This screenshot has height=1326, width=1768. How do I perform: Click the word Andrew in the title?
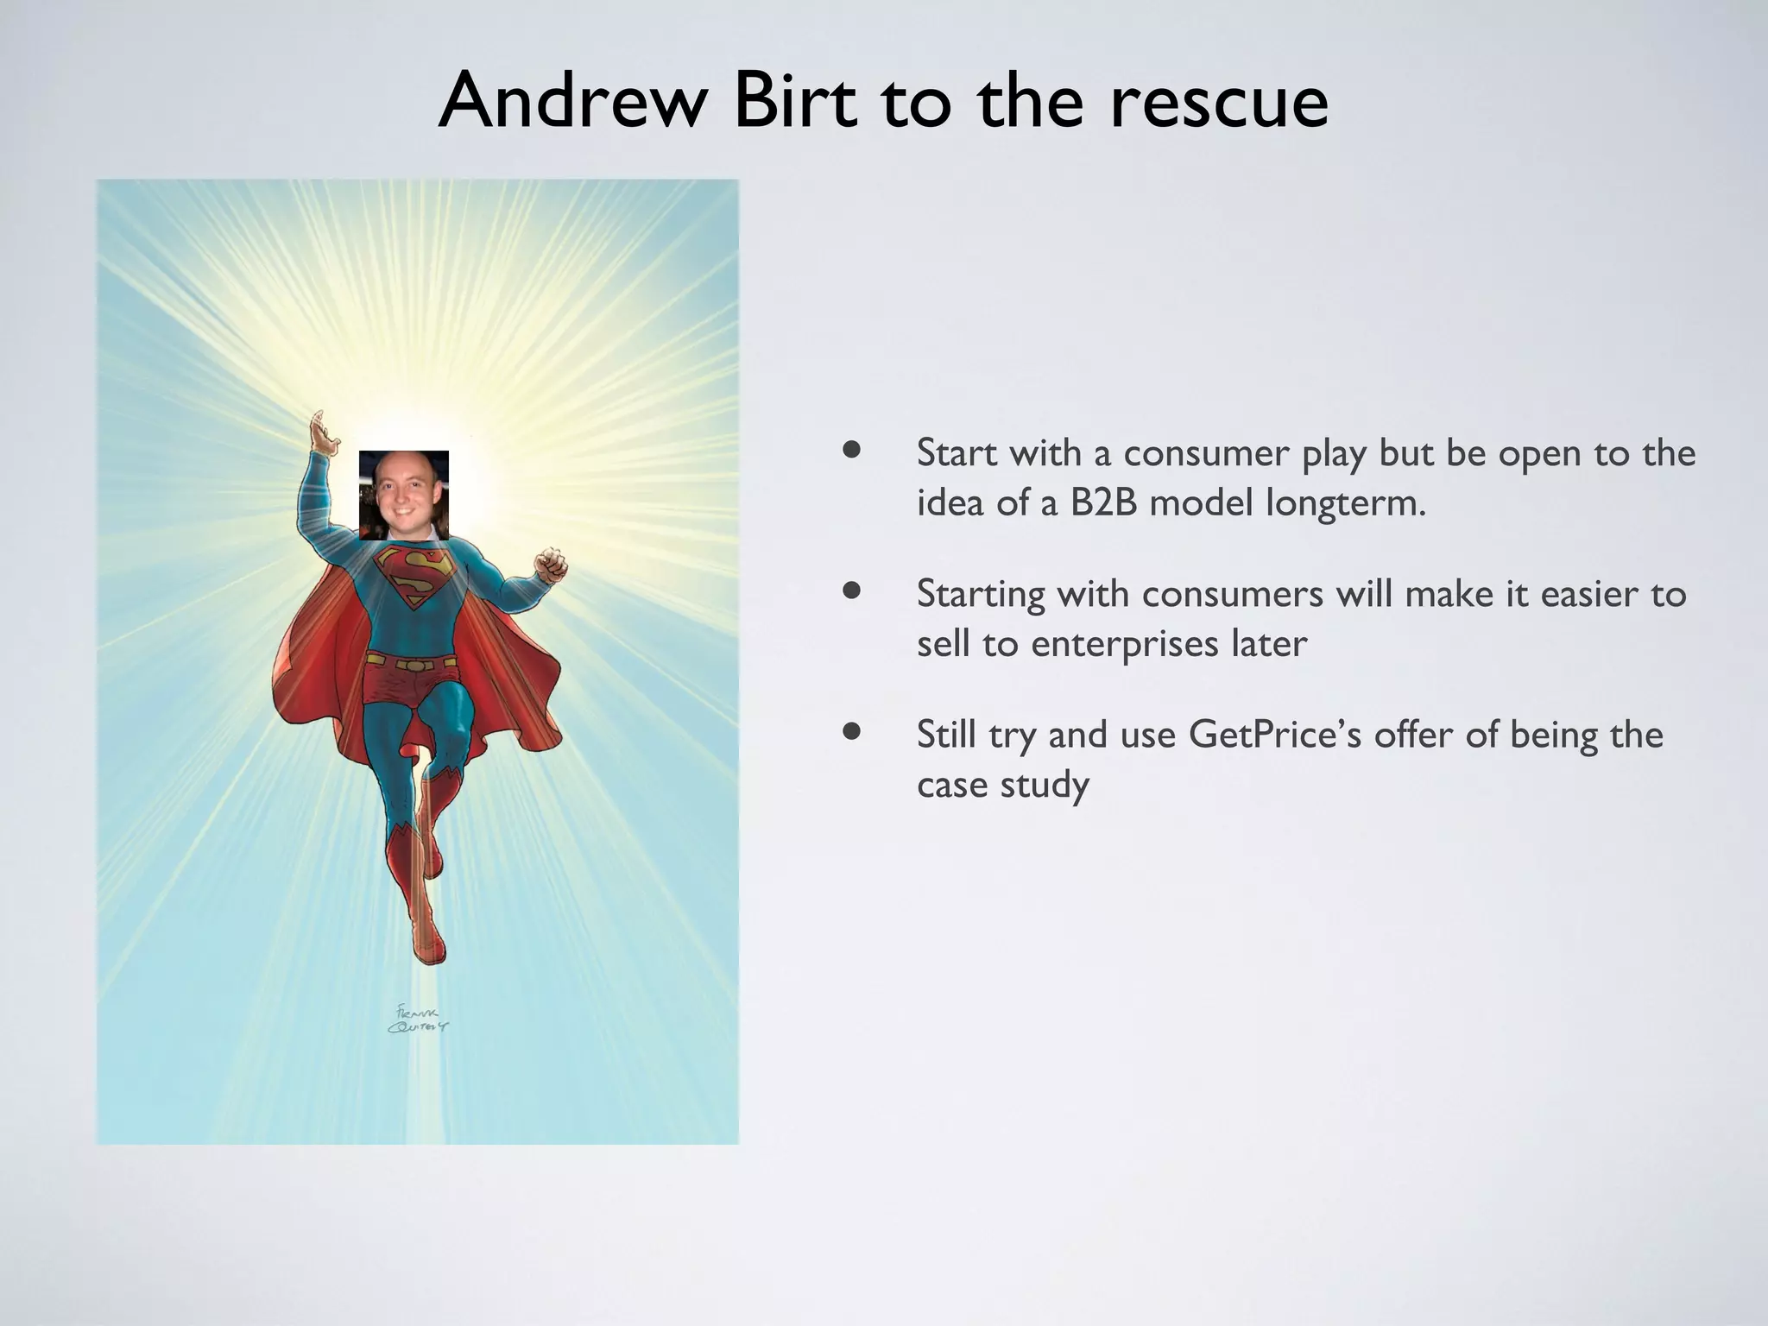pyautogui.click(x=565, y=102)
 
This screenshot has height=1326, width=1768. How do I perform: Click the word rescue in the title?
pyautogui.click(x=1219, y=102)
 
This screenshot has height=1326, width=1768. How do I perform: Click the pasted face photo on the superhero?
pyautogui.click(x=403, y=495)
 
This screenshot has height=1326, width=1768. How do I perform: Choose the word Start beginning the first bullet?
pyautogui.click(x=957, y=453)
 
